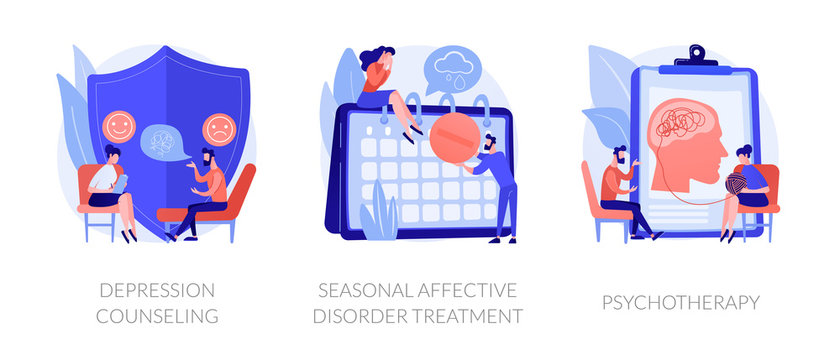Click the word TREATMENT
[x=473, y=316]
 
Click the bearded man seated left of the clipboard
[x=618, y=190]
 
